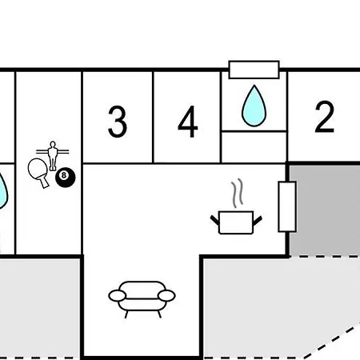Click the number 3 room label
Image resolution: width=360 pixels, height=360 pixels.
pyautogui.click(x=118, y=122)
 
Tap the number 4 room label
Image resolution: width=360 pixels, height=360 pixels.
pyautogui.click(x=188, y=122)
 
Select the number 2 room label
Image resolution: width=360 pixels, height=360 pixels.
pyautogui.click(x=324, y=117)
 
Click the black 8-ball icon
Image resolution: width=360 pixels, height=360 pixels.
pyautogui.click(x=65, y=178)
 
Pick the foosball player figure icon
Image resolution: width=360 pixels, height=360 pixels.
pyautogui.click(x=53, y=156)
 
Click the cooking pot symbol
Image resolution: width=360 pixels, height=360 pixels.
pyautogui.click(x=236, y=222)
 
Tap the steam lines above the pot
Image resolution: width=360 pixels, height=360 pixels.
pyautogui.click(x=237, y=193)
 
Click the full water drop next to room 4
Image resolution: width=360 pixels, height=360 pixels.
pyautogui.click(x=254, y=106)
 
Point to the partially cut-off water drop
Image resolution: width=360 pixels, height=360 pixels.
pyautogui.click(x=2, y=190)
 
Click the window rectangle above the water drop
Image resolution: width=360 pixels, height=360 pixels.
pyautogui.click(x=254, y=70)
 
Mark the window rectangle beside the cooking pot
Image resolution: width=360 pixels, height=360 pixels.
pyautogui.click(x=287, y=206)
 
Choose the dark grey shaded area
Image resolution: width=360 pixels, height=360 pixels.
pyautogui.click(x=325, y=210)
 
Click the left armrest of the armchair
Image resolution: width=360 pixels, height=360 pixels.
pyautogui.click(x=117, y=296)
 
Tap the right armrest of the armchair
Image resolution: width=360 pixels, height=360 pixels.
pyautogui.click(x=166, y=296)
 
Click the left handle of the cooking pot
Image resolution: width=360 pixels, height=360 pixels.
pyautogui.click(x=214, y=220)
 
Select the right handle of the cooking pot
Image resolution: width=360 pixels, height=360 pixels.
pyautogui.click(x=258, y=221)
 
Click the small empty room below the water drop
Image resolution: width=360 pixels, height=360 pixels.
pyautogui.click(x=254, y=147)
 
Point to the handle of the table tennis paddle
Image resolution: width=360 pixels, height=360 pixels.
pyautogui.click(x=45, y=182)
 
